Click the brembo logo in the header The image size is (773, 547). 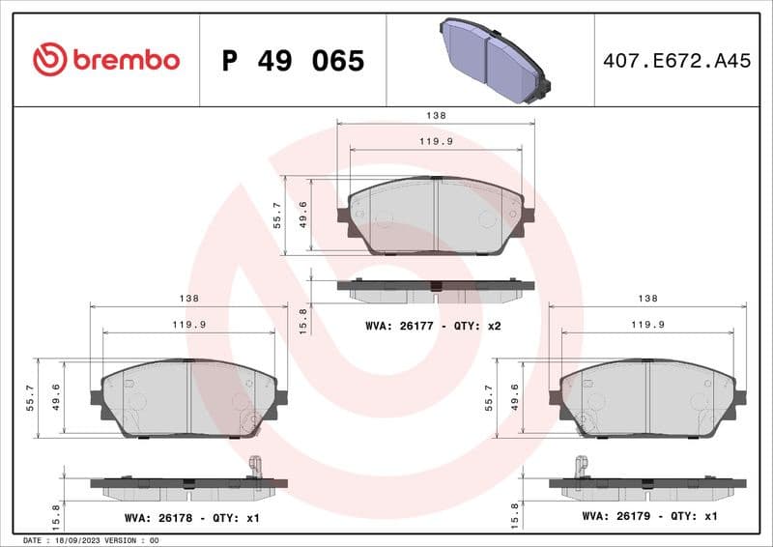click(105, 60)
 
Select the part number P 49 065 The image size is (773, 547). click(293, 61)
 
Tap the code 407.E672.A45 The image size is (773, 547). click(676, 61)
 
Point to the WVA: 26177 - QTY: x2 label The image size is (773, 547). click(433, 326)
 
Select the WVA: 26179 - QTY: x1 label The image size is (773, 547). click(649, 516)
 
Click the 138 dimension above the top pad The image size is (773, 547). click(436, 115)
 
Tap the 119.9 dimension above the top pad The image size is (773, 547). click(436, 141)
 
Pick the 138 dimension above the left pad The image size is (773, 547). click(189, 298)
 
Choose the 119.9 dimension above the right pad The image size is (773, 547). click(647, 325)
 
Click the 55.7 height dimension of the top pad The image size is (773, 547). click(277, 215)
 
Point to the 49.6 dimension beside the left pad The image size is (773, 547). click(55, 395)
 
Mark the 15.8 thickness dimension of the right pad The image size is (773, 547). click(515, 509)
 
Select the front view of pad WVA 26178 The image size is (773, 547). click(189, 397)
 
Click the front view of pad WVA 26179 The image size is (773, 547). click(647, 397)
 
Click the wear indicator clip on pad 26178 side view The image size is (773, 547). click(256, 467)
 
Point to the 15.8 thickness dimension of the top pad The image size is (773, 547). click(302, 320)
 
